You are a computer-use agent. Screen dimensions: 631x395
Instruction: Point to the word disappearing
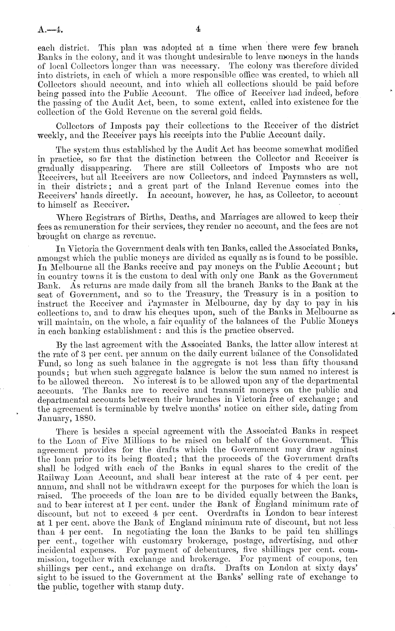102,168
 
